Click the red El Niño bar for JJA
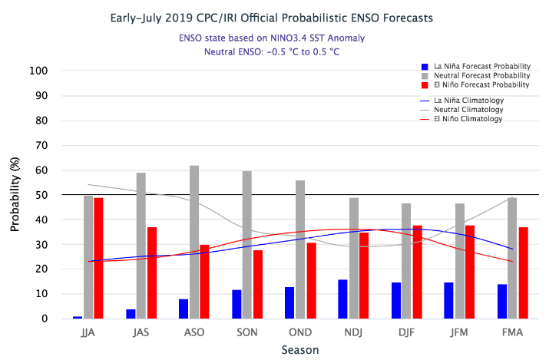tap(98, 258)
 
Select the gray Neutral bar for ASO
tap(194, 242)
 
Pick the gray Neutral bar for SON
tap(247, 244)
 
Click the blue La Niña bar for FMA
tap(502, 301)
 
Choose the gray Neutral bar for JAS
tap(141, 246)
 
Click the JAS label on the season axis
tap(141, 332)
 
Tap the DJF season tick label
tap(407, 332)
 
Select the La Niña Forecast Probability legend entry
tap(476, 67)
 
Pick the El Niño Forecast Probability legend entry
tap(476, 85)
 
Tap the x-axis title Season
tap(300, 349)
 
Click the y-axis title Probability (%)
tap(15, 195)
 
